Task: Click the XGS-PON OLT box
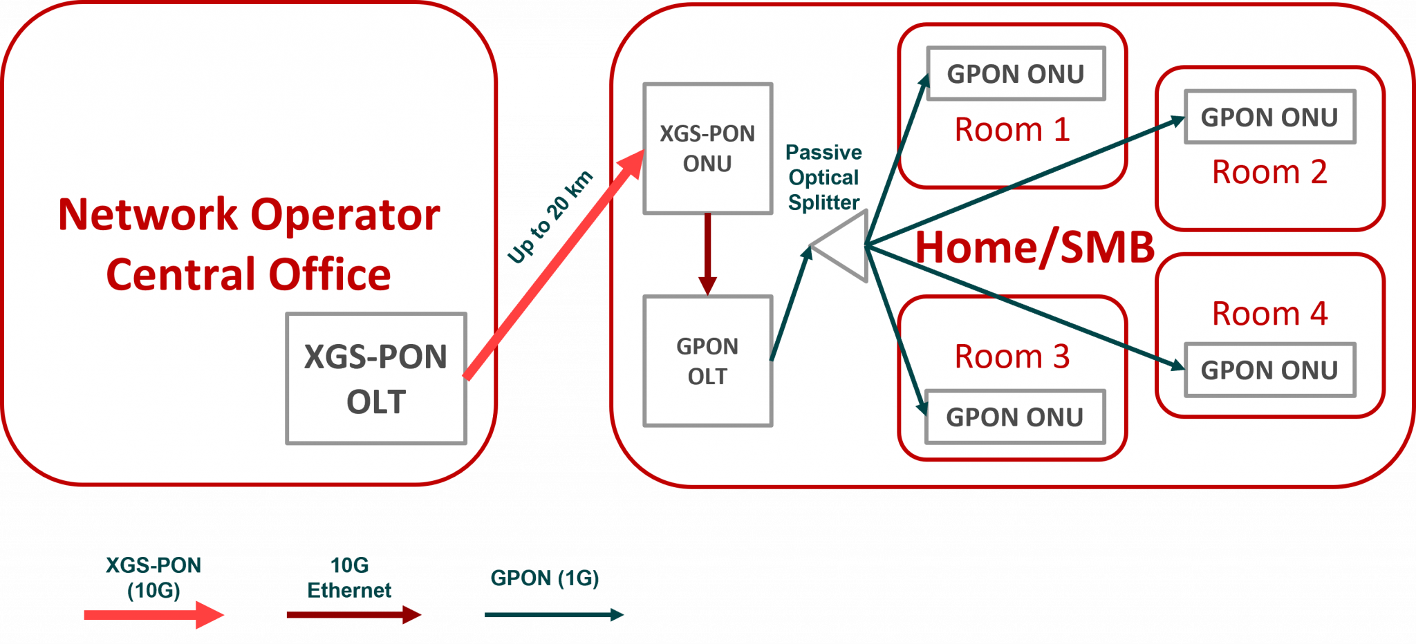(x=376, y=379)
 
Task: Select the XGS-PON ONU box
(x=707, y=149)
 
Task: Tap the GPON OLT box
(x=707, y=361)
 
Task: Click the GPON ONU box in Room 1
(x=1015, y=74)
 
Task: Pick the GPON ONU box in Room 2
(x=1269, y=117)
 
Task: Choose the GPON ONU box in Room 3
(x=1014, y=417)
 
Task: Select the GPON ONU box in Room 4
(x=1269, y=370)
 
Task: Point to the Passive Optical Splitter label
(x=823, y=178)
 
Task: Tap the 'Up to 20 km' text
(x=550, y=217)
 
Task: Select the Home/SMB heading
(x=1035, y=247)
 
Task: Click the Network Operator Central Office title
(x=249, y=244)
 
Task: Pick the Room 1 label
(x=1012, y=129)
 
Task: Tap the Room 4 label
(x=1269, y=314)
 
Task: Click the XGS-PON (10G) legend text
(x=153, y=578)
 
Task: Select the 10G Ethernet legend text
(x=349, y=578)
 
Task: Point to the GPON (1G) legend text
(x=545, y=578)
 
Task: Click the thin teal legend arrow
(x=553, y=614)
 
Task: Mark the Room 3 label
(x=1012, y=357)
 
